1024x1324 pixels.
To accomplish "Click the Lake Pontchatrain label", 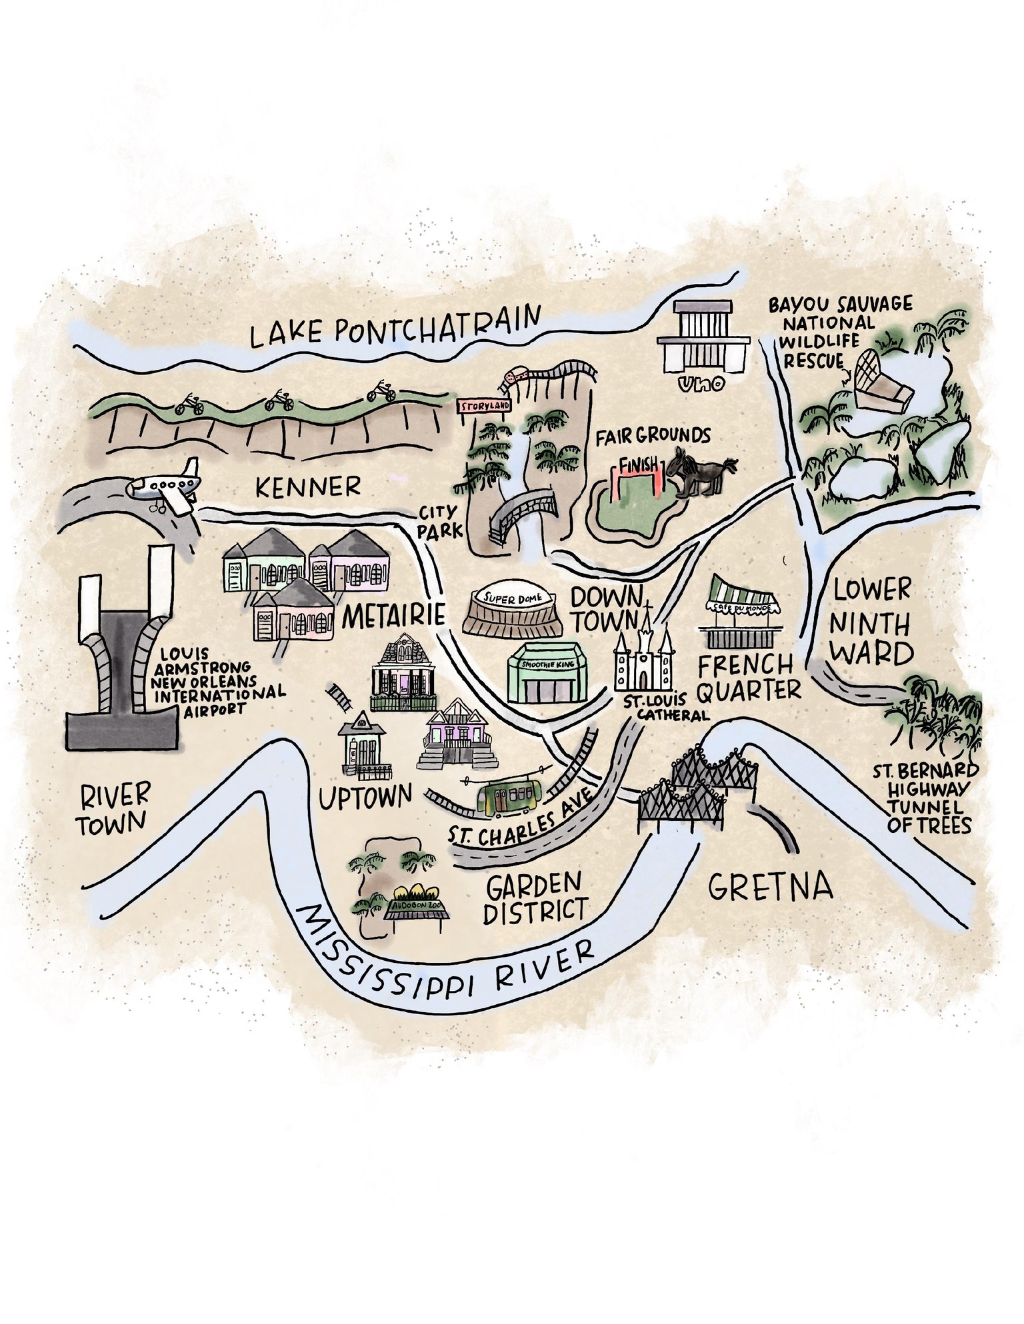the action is click(393, 327).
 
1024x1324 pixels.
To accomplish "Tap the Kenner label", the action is click(307, 487).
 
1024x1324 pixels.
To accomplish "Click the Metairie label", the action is click(393, 615).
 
